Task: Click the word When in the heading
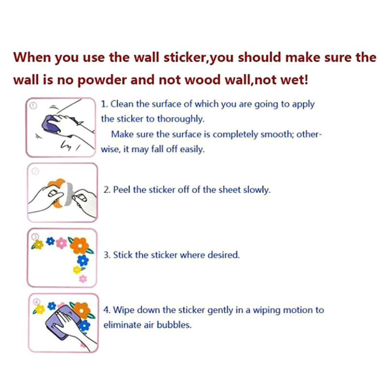click(32, 57)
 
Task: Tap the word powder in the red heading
click(102, 80)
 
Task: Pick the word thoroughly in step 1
click(180, 119)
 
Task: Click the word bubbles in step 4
click(174, 325)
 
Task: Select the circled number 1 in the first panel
click(33, 106)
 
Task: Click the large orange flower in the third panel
click(79, 245)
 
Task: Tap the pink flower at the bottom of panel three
click(83, 279)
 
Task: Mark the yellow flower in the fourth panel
click(40, 309)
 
